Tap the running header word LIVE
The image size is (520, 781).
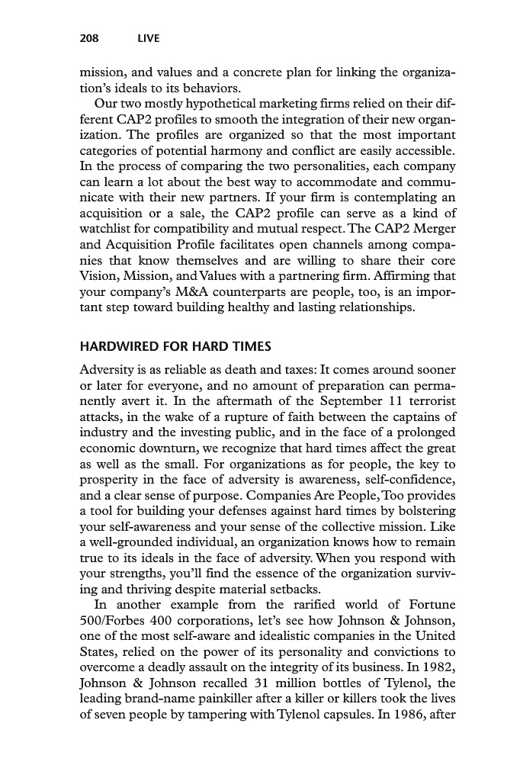(148, 38)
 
